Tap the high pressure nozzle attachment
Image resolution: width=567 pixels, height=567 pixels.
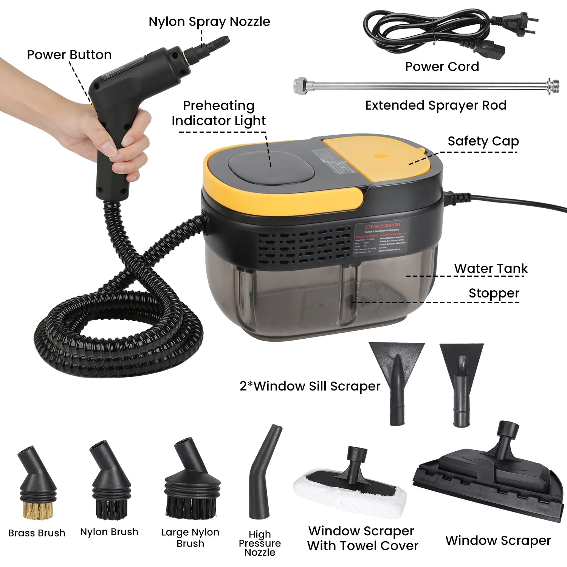pyautogui.click(x=263, y=472)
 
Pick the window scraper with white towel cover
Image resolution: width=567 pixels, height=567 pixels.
pyautogui.click(x=350, y=488)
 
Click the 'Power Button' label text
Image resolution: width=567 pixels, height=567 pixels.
pyautogui.click(x=69, y=55)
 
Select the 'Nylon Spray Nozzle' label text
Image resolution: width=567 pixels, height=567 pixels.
pyautogui.click(x=209, y=22)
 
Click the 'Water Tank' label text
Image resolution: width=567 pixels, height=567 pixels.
pyautogui.click(x=491, y=268)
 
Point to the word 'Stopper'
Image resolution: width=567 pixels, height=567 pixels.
pyautogui.click(x=494, y=293)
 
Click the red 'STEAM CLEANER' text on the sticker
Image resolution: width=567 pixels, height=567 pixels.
pyautogui.click(x=382, y=226)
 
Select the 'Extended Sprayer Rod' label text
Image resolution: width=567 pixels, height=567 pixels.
pyautogui.click(x=435, y=105)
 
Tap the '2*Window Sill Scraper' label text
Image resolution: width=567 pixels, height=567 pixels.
pyautogui.click(x=310, y=386)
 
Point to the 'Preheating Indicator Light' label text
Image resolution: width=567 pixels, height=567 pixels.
pyautogui.click(x=218, y=113)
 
